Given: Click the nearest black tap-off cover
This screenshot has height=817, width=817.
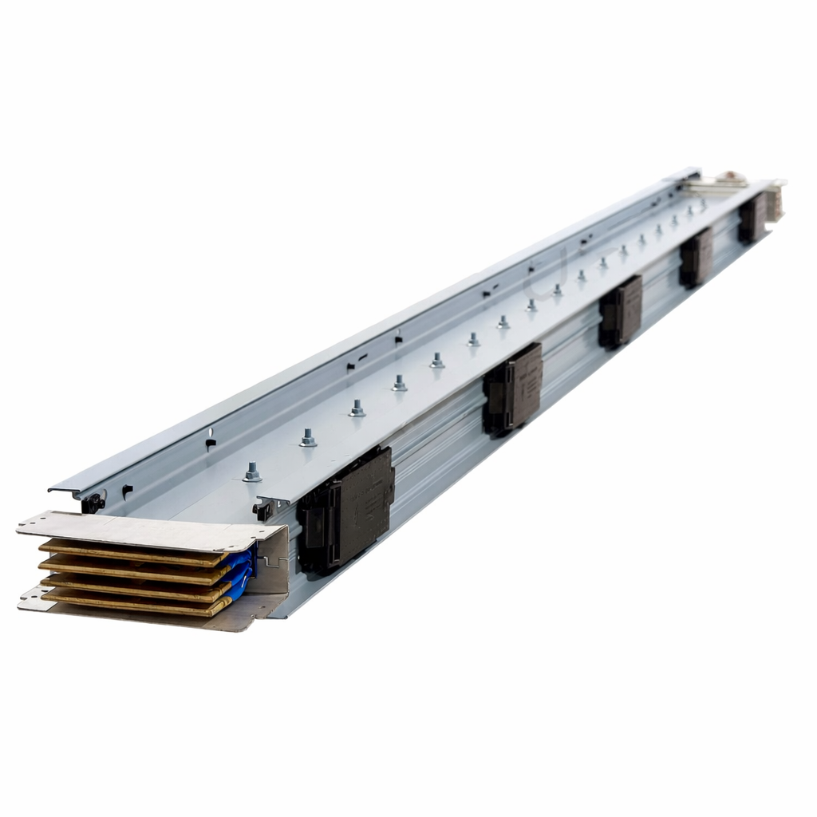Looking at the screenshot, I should click(x=346, y=510).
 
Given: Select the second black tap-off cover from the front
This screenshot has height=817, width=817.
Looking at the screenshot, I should click(x=512, y=389).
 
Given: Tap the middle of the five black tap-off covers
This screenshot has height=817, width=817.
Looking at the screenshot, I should click(x=621, y=311).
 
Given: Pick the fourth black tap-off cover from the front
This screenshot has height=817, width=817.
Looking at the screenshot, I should click(x=696, y=257).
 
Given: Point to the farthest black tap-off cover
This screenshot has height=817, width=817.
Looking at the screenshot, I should click(x=751, y=219).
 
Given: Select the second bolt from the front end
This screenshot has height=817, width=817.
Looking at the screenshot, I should click(x=308, y=438).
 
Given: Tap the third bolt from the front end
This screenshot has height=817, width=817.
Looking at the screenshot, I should click(x=357, y=408).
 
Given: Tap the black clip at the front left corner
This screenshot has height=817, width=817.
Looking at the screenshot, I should click(x=93, y=503).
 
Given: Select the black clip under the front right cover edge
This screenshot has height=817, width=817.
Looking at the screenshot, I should click(x=262, y=511).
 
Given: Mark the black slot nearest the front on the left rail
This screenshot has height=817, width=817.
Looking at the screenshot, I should click(x=127, y=489).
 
